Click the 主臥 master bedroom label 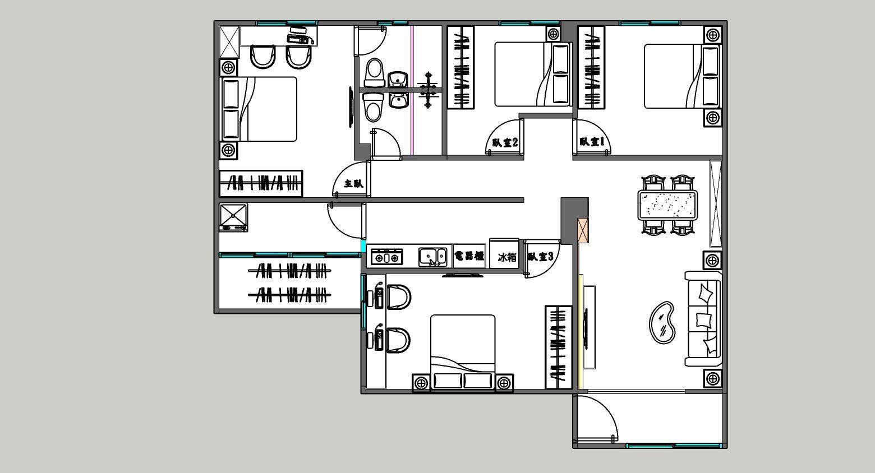354,183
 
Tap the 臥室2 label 505,142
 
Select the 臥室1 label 592,141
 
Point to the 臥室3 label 541,257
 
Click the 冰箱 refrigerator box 504,254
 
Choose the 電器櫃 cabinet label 469,256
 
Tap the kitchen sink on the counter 433,257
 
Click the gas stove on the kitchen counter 386,257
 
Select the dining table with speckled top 667,205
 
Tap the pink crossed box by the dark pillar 583,231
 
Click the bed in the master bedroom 259,109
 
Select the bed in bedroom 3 463,351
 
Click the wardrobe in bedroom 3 559,347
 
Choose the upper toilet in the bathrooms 374,73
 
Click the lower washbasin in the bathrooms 398,101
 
